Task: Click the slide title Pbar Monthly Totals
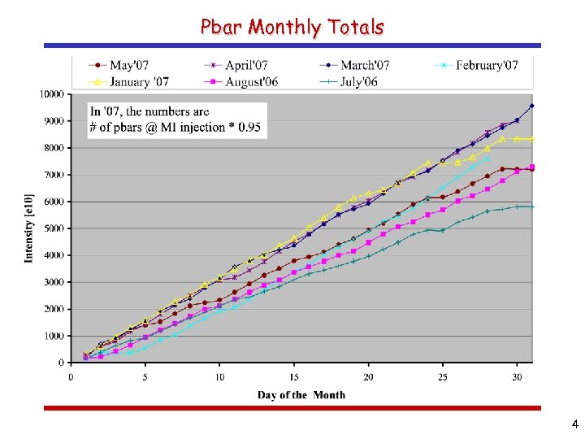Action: (292, 27)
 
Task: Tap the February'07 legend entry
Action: (486, 65)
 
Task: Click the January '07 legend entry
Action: (132, 80)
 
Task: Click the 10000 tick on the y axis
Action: (50, 94)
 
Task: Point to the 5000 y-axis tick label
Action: (53, 228)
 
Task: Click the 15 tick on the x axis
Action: (294, 376)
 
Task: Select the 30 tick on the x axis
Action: (518, 376)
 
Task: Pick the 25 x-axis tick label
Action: (443, 376)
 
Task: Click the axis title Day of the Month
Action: (301, 395)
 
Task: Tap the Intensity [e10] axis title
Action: (29, 228)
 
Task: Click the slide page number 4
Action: (574, 424)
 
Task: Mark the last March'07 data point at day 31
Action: (532, 106)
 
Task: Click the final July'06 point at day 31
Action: (532, 206)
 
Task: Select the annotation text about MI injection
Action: (177, 119)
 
